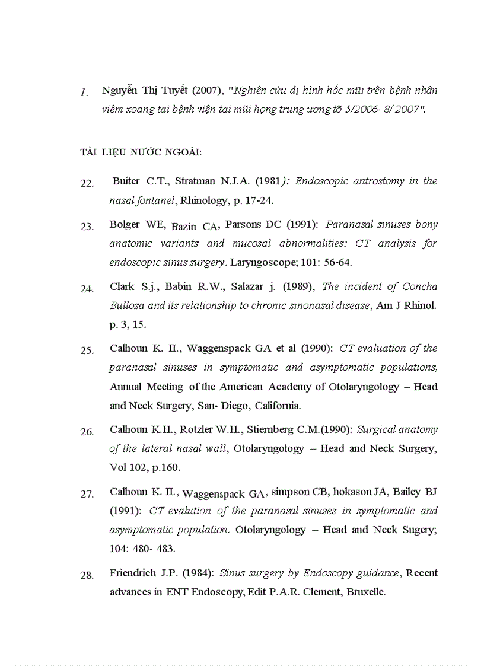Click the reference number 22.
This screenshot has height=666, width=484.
pyautogui.click(x=87, y=183)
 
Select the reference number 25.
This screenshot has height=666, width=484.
pyautogui.click(x=87, y=350)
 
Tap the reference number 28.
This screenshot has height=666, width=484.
pyautogui.click(x=87, y=575)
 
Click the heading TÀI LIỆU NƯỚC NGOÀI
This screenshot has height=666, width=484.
pyautogui.click(x=141, y=152)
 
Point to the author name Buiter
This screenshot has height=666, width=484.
pyautogui.click(x=127, y=181)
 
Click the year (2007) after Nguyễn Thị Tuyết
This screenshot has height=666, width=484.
pyautogui.click(x=205, y=90)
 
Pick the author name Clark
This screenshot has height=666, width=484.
pyautogui.click(x=122, y=286)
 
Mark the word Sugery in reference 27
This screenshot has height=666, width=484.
pyautogui.click(x=419, y=530)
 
